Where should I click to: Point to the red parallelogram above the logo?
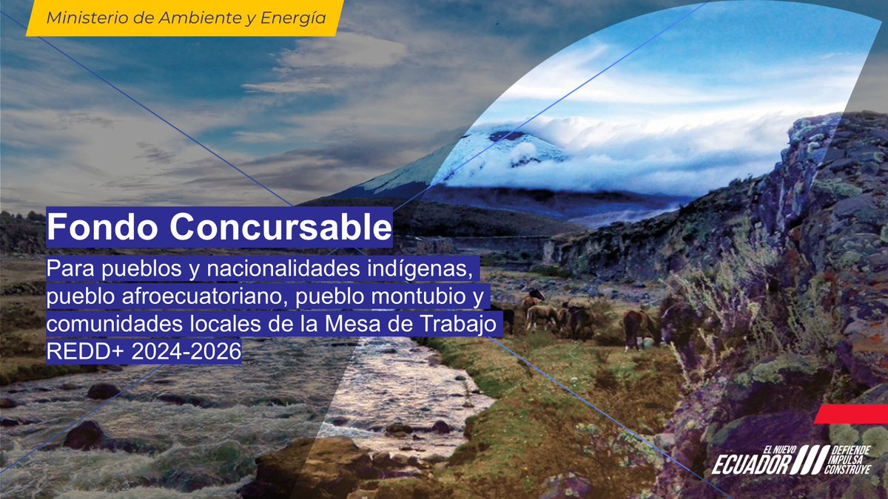[x=851, y=414]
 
